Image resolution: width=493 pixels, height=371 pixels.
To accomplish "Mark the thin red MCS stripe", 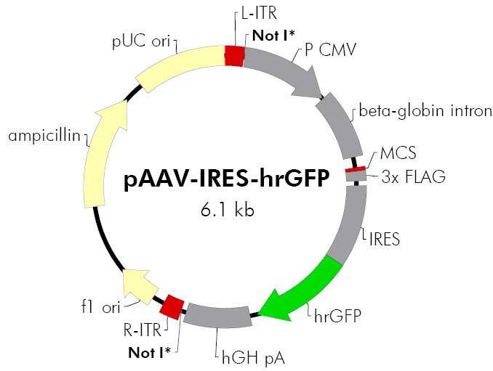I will tap(355, 170).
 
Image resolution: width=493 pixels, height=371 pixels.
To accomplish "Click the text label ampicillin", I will tap(43, 135).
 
